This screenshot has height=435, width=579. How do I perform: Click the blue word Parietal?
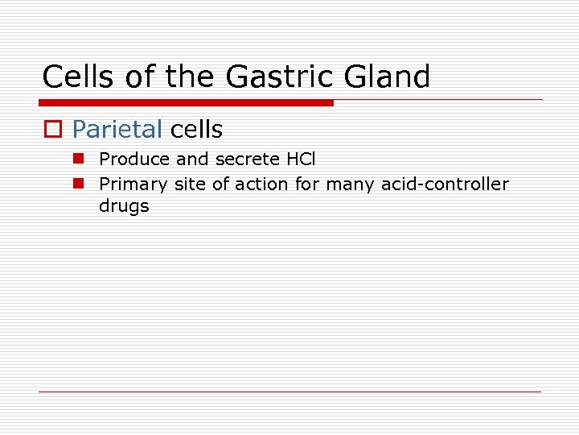(117, 129)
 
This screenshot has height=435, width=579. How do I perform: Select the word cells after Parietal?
(196, 129)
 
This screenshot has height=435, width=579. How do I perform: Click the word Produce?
(134, 160)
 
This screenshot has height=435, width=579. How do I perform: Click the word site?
(190, 184)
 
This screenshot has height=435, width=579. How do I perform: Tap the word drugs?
(124, 206)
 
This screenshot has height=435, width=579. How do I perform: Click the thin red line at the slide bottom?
(289, 392)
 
